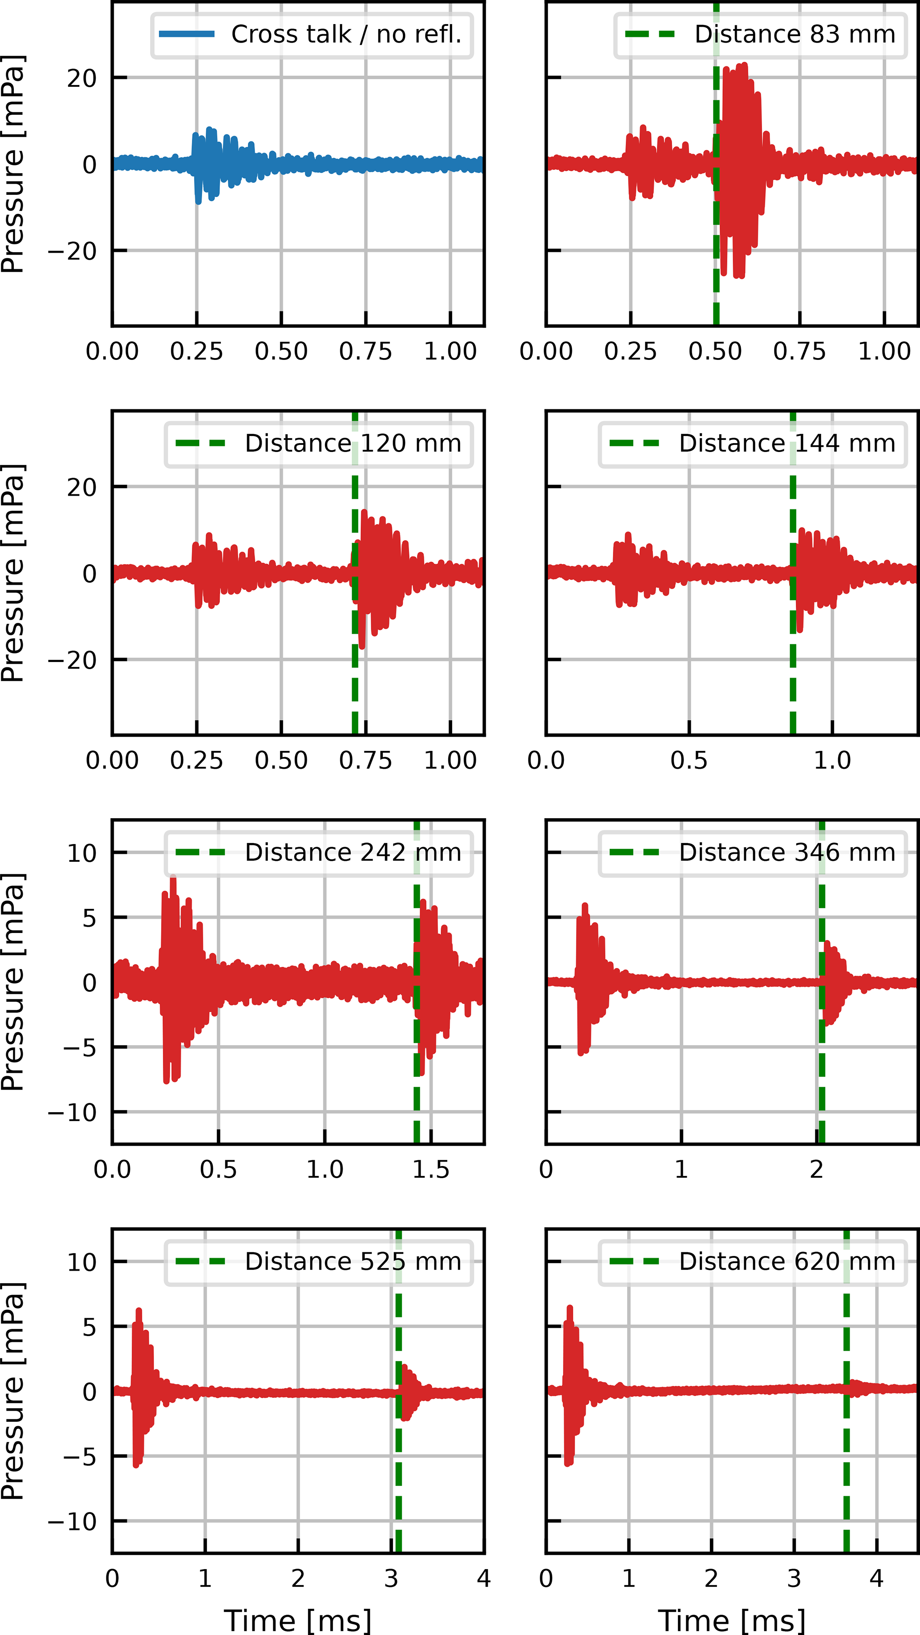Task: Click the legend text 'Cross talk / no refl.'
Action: pyautogui.click(x=346, y=34)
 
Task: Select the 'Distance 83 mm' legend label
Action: pyautogui.click(x=795, y=34)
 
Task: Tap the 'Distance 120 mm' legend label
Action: pyautogui.click(x=353, y=444)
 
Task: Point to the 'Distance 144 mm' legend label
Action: pyautogui.click(x=787, y=444)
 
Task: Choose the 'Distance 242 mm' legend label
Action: pyautogui.click(x=353, y=852)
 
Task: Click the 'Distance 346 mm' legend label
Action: pyautogui.click(x=787, y=852)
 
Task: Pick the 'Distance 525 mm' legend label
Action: pyautogui.click(x=353, y=1261)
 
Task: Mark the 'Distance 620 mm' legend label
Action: pyautogui.click(x=787, y=1261)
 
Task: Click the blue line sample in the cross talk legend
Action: pyautogui.click(x=186, y=34)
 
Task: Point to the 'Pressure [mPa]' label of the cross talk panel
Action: pyautogui.click(x=13, y=164)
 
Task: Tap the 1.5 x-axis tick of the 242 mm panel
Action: pyautogui.click(x=431, y=1169)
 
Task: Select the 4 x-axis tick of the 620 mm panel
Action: pyautogui.click(x=877, y=1578)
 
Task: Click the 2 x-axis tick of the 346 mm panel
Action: pyautogui.click(x=816, y=1169)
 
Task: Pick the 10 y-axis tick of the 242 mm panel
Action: pyautogui.click(x=82, y=853)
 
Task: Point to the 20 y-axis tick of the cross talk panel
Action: pyautogui.click(x=82, y=79)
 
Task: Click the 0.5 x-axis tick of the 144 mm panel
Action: pyautogui.click(x=689, y=760)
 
